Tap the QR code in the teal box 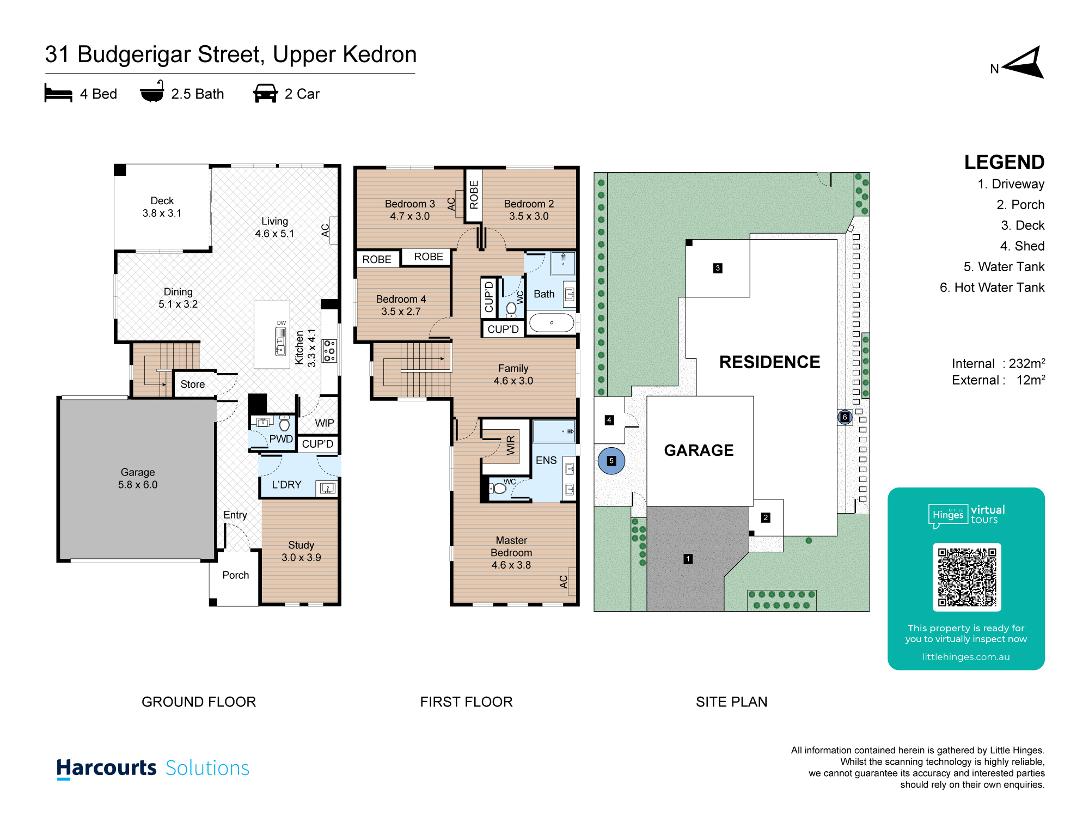point(966,577)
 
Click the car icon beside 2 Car point(266,93)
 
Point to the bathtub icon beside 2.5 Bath point(152,92)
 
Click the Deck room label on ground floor point(162,207)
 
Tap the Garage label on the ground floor point(138,478)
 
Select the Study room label point(301,551)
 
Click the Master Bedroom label point(511,552)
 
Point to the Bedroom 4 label point(401,305)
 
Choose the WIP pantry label point(325,423)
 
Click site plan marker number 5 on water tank point(611,461)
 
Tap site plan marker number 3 point(718,268)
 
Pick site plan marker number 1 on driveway point(688,559)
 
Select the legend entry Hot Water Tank point(992,288)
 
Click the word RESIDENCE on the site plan point(769,362)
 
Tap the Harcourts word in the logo point(107,768)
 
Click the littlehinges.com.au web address point(966,657)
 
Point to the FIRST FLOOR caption point(466,702)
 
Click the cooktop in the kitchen point(329,351)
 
